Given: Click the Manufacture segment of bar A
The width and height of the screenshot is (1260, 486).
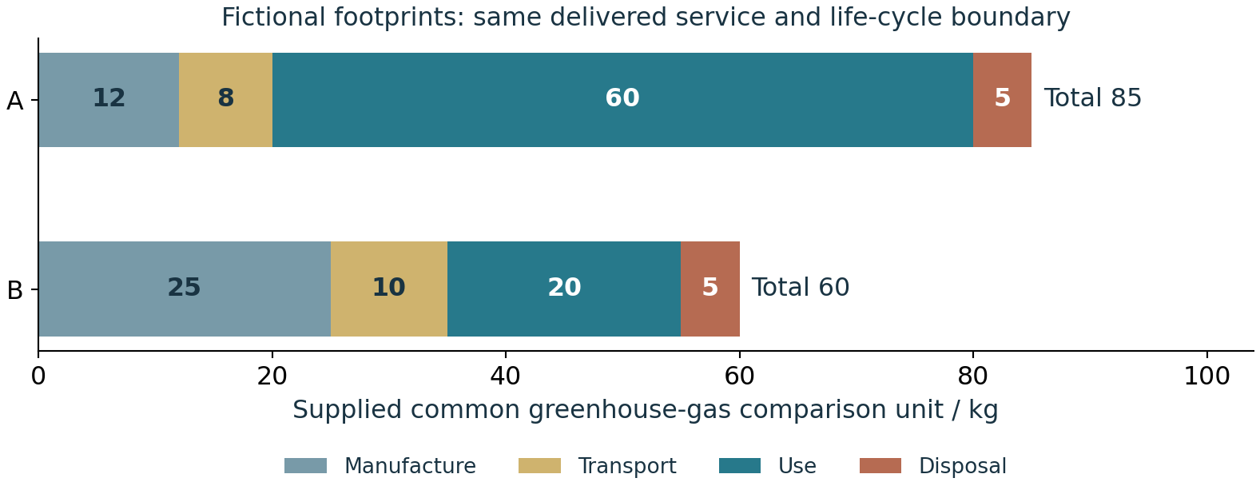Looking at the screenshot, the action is (x=109, y=100).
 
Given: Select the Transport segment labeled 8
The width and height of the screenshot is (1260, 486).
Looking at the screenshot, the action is (x=225, y=100).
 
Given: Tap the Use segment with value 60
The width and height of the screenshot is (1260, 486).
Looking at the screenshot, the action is (x=622, y=100).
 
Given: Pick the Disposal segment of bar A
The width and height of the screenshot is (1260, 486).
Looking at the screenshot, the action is (x=1003, y=100).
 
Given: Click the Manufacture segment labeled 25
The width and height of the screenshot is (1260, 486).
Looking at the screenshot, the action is (x=185, y=289).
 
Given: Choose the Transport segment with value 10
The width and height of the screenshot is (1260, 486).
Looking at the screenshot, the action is (x=389, y=289).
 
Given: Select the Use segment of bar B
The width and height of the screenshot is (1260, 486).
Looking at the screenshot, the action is (x=564, y=289).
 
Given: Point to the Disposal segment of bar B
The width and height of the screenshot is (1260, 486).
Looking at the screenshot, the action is (x=710, y=289).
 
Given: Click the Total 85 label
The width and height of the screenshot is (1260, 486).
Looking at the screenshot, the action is (x=1093, y=98).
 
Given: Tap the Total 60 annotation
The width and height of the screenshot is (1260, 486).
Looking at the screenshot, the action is (x=801, y=288).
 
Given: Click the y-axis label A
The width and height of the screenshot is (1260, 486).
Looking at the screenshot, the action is (x=15, y=102).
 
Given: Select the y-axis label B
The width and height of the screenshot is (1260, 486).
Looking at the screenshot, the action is (x=15, y=291).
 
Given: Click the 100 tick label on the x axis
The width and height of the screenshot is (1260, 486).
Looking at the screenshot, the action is (x=1206, y=376).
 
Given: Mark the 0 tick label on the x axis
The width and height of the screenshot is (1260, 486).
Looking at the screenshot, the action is (x=38, y=376).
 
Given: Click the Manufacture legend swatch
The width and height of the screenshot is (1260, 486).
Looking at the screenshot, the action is (x=305, y=466).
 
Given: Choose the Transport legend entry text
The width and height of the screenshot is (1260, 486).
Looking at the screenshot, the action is (x=627, y=466).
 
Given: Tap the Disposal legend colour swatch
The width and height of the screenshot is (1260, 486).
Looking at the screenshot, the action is (x=880, y=466).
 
